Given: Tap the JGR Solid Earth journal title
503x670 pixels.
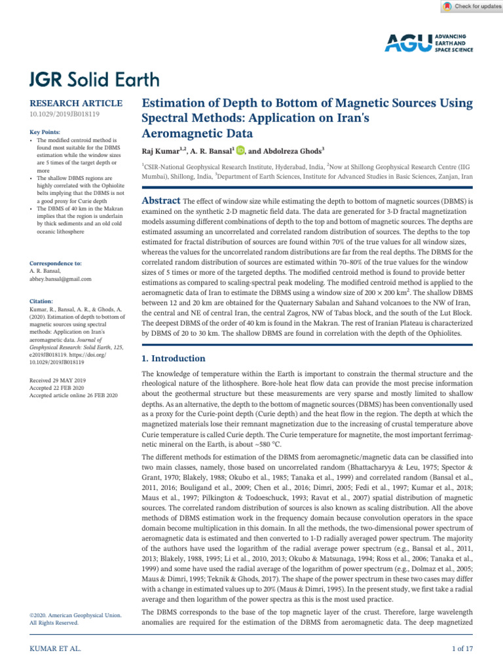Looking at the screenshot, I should (x=94, y=80).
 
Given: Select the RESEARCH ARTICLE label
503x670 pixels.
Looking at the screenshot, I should (x=77, y=103).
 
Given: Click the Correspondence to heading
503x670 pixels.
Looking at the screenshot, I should (x=56, y=263).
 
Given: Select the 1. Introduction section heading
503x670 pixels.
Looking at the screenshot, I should (x=174, y=359).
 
